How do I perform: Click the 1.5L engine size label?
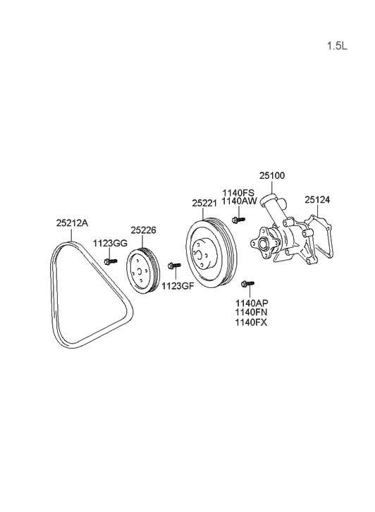[337, 46]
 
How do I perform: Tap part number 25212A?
[72, 223]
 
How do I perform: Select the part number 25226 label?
[144, 230]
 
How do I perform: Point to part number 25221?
[204, 203]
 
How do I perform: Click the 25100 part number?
[272, 175]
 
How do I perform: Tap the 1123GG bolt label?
[111, 243]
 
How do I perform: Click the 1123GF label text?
[176, 286]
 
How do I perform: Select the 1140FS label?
[239, 192]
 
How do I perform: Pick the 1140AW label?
[239, 201]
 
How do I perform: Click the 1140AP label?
[251, 303]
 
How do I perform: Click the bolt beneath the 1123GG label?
[109, 261]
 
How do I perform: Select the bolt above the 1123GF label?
[175, 266]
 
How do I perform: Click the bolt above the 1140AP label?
[245, 285]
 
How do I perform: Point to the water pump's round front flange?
[264, 244]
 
